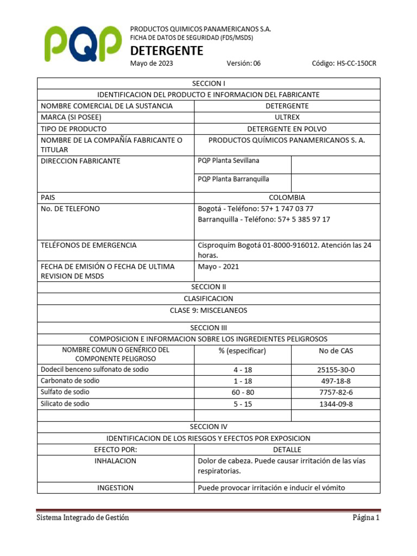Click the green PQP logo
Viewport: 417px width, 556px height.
(83, 45)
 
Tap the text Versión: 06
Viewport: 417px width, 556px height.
(244, 64)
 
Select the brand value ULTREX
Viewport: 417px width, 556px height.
(287, 117)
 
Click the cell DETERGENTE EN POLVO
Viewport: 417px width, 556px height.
(287, 129)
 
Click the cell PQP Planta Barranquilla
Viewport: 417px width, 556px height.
(233, 179)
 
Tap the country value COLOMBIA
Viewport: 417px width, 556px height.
(287, 198)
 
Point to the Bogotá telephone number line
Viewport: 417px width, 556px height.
(256, 208)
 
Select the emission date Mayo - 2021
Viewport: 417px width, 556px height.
(218, 267)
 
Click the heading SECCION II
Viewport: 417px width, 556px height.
(208, 287)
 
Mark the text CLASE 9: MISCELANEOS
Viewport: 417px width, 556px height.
(208, 310)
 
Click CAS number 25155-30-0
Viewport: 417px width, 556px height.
(336, 370)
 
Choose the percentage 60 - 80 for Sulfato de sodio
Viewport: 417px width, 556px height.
(243, 393)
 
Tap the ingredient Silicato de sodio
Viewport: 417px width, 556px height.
(65, 404)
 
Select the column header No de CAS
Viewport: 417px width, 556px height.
(336, 351)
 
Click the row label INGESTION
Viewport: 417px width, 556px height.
(116, 488)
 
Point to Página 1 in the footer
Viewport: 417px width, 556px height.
(365, 518)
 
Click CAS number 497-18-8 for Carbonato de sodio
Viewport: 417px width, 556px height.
(336, 381)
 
